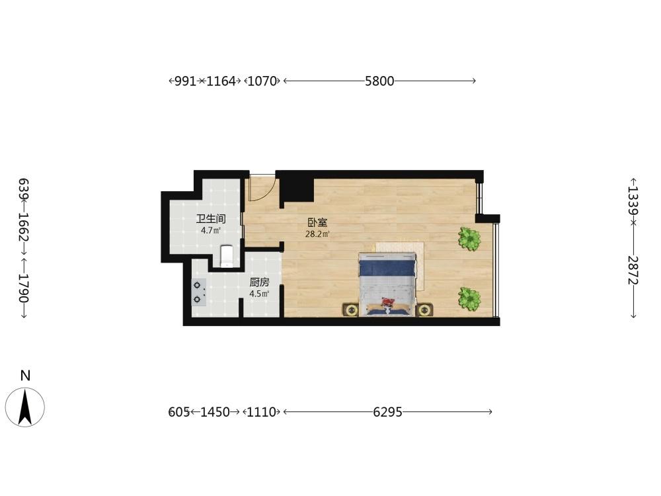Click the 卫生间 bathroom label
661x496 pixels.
[211, 218]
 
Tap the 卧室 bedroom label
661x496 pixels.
[317, 222]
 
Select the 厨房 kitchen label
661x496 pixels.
[259, 282]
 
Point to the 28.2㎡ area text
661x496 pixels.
[317, 233]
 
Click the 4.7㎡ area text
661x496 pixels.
[211, 230]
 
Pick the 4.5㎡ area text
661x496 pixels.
[259, 294]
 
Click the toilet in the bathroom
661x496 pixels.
[227, 256]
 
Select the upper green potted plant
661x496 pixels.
[469, 239]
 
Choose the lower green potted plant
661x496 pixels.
[469, 299]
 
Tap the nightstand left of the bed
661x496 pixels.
[351, 310]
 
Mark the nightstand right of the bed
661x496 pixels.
[424, 310]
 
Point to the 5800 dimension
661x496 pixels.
[379, 81]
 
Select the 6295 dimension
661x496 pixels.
[388, 411]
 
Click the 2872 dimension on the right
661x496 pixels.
[633, 270]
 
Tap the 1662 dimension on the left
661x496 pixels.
[24, 226]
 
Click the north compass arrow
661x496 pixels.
[25, 407]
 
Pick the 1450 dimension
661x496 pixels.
[215, 411]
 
